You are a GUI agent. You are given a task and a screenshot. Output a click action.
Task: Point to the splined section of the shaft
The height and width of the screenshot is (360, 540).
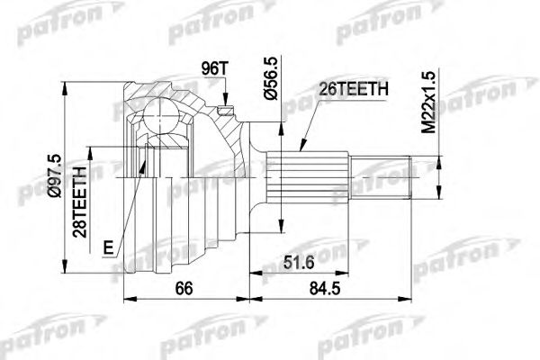tap(310, 179)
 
